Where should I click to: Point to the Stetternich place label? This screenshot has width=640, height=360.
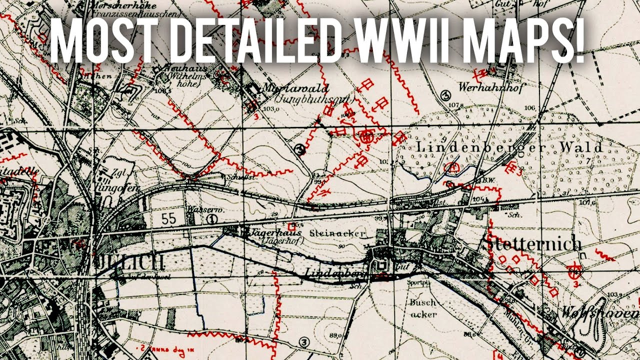pos(533,244)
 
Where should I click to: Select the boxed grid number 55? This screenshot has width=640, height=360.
pos(169,217)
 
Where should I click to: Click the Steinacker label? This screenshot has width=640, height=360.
pos(337,233)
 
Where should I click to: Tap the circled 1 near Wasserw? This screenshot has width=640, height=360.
pos(212,218)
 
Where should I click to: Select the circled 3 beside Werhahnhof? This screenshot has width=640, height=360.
pos(446,94)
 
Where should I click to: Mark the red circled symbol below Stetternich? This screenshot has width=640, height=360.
pos(575,270)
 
